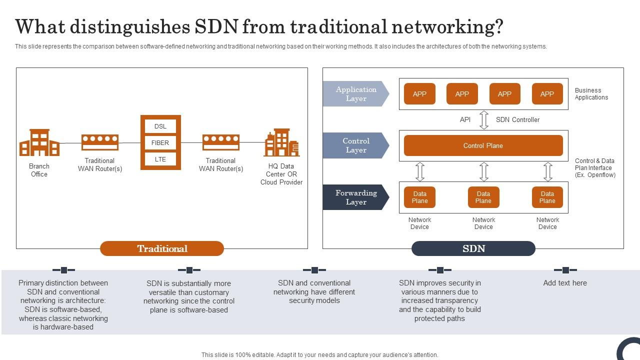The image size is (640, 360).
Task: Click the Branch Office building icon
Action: pos(39,143)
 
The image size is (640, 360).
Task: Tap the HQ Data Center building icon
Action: pos(281,143)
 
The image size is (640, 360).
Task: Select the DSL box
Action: pos(160,126)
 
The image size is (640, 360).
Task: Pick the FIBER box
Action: pos(160,143)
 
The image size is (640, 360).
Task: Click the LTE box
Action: pos(160,159)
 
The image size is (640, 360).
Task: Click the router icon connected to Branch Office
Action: pos(100,142)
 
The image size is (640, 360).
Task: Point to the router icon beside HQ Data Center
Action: pos(220,142)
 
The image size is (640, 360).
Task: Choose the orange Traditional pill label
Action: pos(162,248)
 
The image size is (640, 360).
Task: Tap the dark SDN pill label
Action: pos(473,248)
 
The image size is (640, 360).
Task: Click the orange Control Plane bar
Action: pos(483,145)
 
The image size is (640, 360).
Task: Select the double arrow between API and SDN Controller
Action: pos(484,120)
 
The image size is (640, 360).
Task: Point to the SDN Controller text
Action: pos(517,120)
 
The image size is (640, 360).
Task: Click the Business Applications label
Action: pos(591,94)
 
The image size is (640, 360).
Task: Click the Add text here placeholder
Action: pos(565,283)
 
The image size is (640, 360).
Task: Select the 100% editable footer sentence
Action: pos(320,355)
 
